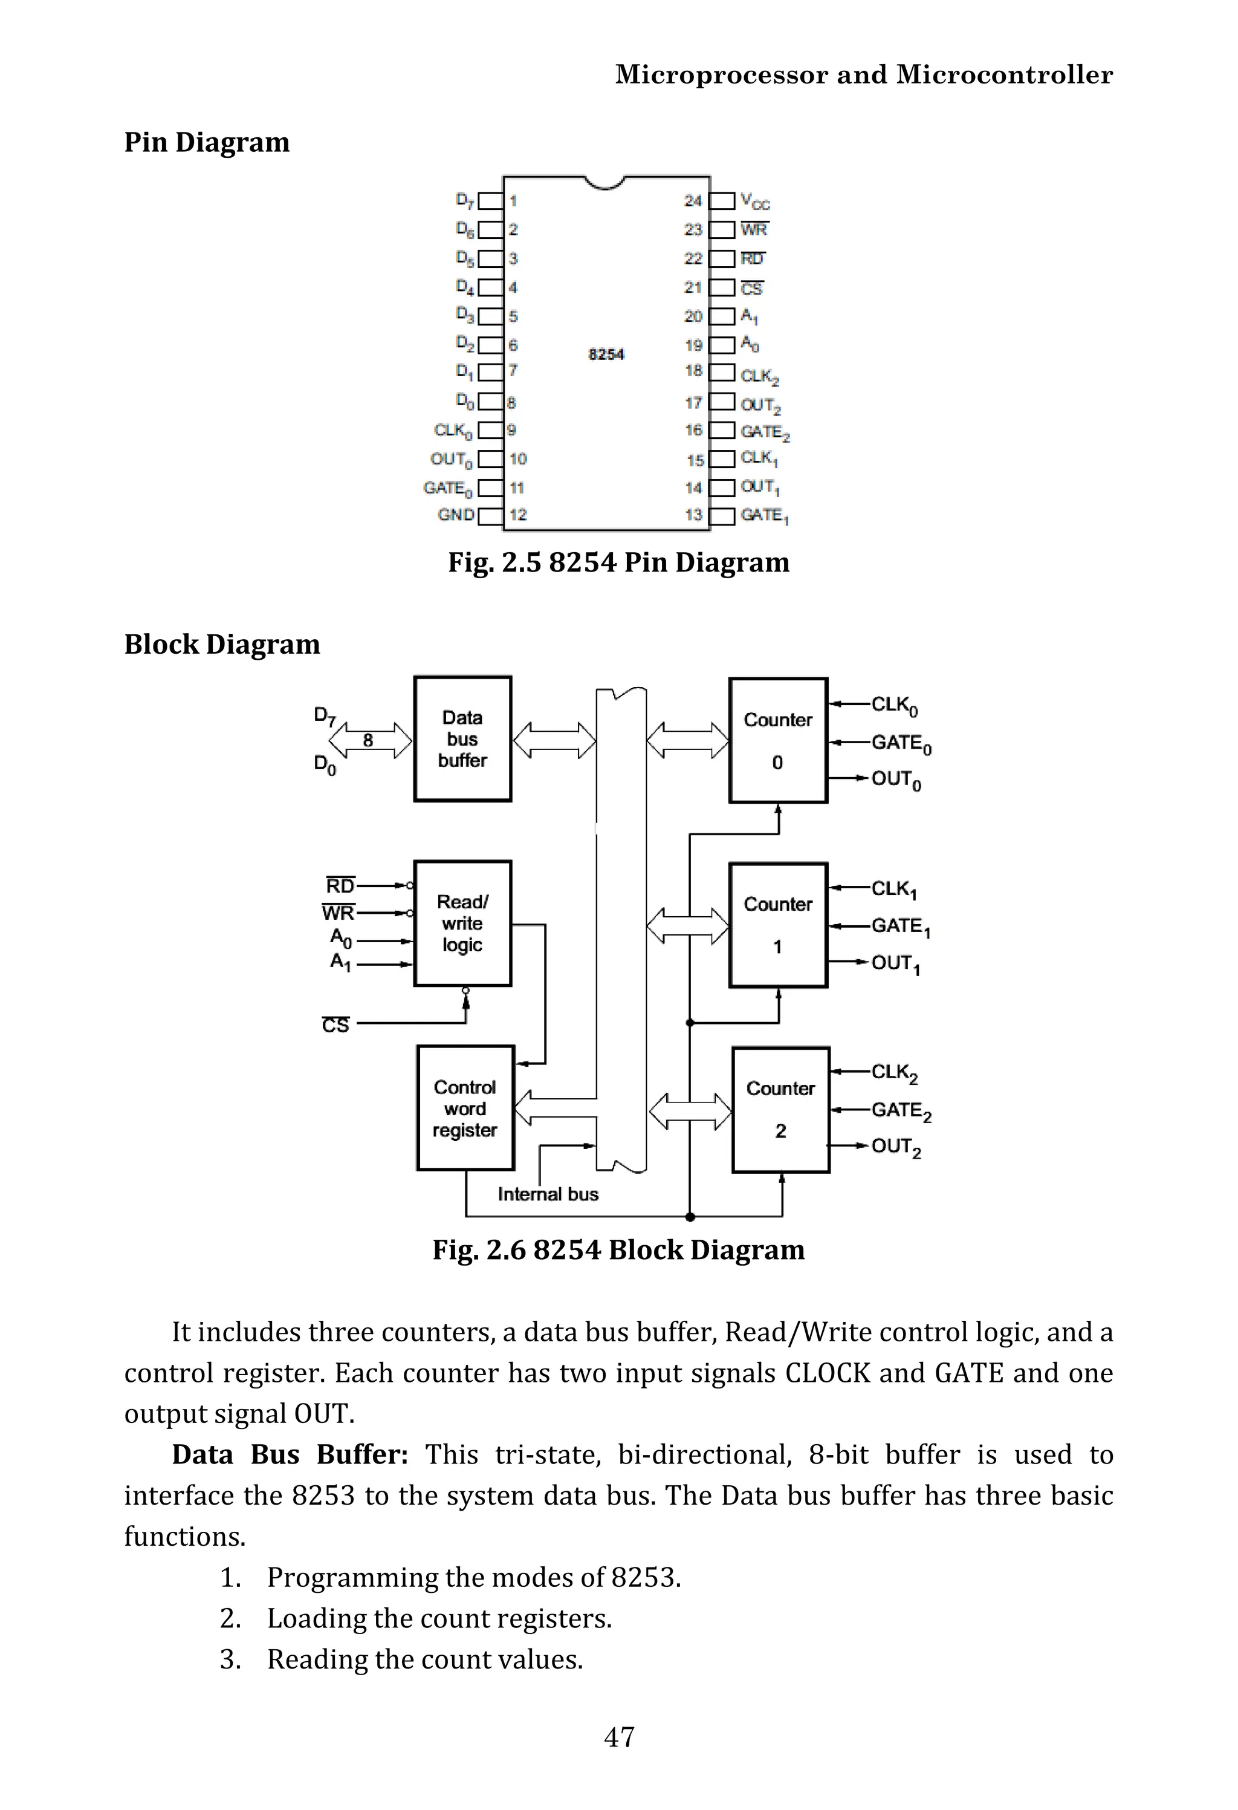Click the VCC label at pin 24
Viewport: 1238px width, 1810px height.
click(x=754, y=202)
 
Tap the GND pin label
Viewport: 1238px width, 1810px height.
click(x=456, y=515)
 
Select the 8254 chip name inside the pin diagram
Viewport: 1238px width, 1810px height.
click(x=606, y=354)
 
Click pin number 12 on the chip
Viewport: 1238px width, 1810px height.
click(x=518, y=515)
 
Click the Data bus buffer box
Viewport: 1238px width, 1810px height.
click(x=462, y=738)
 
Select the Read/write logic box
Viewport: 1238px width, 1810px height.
click(x=462, y=923)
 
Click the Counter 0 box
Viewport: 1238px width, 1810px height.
click(x=778, y=740)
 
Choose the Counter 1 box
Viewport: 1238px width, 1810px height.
click(x=778, y=925)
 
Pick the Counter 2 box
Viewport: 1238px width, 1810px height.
click(x=780, y=1109)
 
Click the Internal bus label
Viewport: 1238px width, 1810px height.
click(x=548, y=1194)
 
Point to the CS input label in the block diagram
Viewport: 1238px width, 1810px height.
click(x=335, y=1025)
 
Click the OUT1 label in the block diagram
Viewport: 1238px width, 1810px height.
click(x=895, y=964)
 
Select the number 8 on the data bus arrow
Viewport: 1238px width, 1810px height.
click(x=368, y=740)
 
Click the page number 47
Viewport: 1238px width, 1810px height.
click(x=619, y=1736)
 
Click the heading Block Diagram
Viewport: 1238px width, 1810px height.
click(x=222, y=644)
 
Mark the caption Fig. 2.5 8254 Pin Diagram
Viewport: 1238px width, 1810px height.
click(x=618, y=562)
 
